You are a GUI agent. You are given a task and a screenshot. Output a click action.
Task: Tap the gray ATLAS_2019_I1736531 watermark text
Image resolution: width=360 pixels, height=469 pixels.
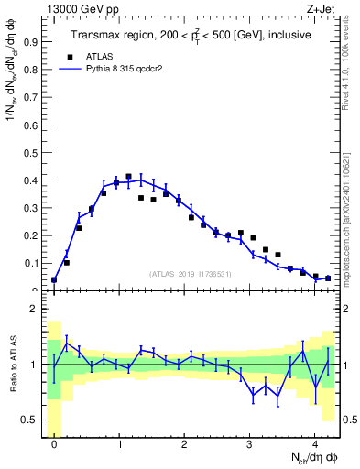(x=191, y=274)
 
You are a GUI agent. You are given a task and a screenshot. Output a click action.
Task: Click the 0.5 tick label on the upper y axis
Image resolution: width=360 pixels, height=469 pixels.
(x=30, y=152)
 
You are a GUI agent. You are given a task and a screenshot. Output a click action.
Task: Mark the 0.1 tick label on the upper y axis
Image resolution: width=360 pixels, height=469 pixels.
(x=30, y=263)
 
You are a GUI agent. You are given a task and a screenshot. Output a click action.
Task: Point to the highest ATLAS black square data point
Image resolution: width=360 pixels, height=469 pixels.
(x=128, y=176)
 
